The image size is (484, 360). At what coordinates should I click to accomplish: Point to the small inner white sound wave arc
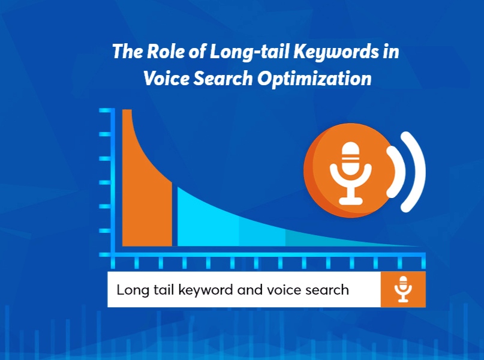tap(396, 171)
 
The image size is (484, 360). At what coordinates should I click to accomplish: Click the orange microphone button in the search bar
tap(403, 290)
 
